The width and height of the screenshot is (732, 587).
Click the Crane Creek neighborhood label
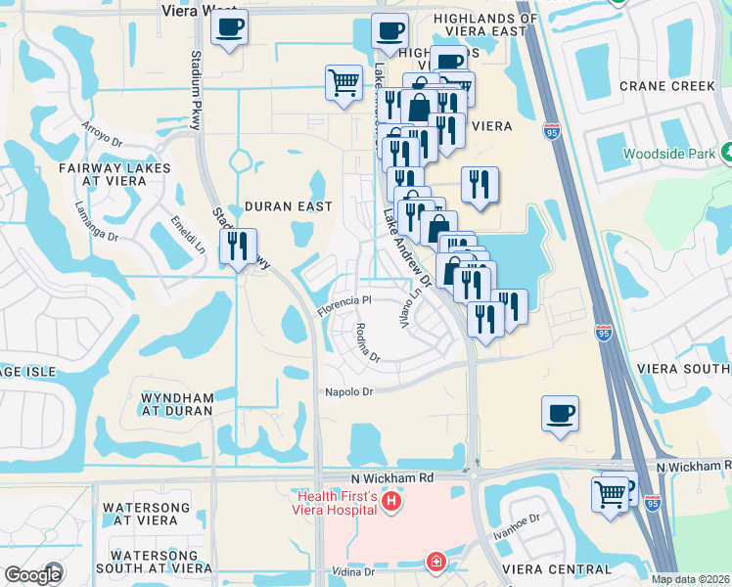[x=667, y=86]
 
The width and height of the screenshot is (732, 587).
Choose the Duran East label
[x=288, y=206]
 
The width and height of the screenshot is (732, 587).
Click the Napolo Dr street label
[x=349, y=392]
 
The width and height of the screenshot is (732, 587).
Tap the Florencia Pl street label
[x=343, y=306]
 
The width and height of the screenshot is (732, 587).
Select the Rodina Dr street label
[x=367, y=342]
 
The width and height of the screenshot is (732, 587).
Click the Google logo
[x=32, y=575]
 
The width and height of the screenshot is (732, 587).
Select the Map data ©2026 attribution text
[x=691, y=579]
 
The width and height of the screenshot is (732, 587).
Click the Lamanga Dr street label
[x=96, y=221]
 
